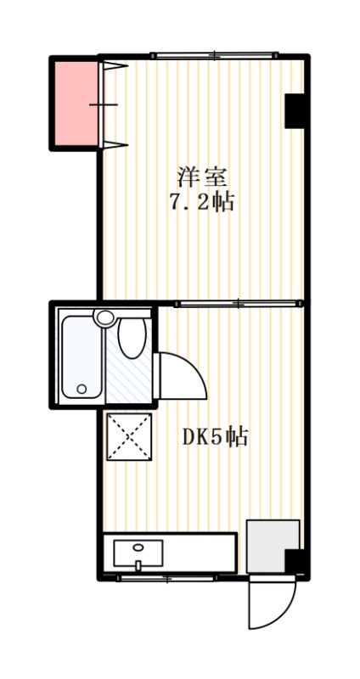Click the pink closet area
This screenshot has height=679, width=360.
point(76,103)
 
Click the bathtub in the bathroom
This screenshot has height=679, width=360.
point(82,358)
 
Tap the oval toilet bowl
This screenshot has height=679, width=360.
point(131,339)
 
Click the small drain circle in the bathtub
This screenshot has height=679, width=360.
point(82,389)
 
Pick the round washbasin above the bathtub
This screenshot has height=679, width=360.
point(104,318)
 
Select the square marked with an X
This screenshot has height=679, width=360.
point(128,436)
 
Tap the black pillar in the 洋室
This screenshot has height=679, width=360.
point(295,109)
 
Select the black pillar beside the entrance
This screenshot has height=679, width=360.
point(294,561)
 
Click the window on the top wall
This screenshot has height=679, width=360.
point(214,56)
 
